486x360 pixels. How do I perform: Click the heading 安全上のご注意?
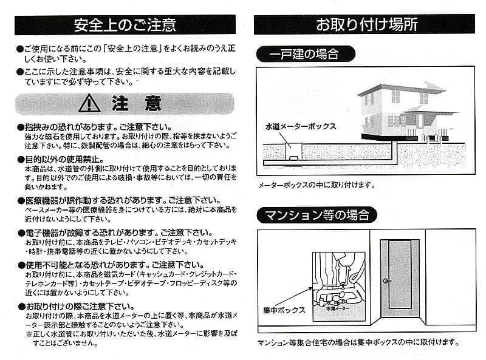tap(125, 24)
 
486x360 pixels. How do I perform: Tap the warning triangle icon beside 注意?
tap(89, 104)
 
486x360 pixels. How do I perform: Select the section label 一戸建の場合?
tap(304, 54)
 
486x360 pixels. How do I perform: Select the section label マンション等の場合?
tap(317, 214)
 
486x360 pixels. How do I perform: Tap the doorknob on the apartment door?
tap(387, 280)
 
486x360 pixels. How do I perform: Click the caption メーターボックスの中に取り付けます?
tap(316, 185)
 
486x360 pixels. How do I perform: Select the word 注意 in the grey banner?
tap(137, 104)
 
